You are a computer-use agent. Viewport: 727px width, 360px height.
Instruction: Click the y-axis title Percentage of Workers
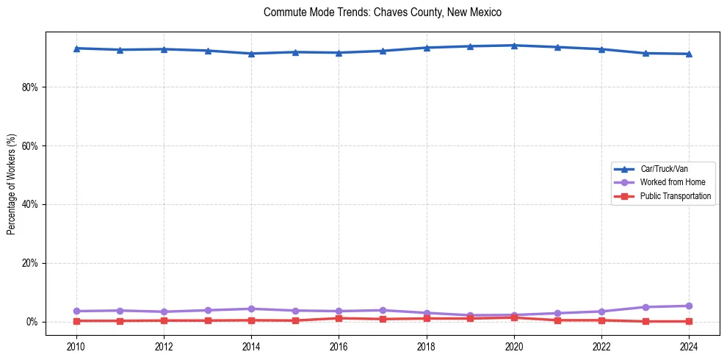coord(11,184)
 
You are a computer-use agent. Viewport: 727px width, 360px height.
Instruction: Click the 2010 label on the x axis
coord(76,346)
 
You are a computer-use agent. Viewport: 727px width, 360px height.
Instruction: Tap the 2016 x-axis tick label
coord(339,346)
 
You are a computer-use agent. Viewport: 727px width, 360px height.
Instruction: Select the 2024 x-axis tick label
coord(689,346)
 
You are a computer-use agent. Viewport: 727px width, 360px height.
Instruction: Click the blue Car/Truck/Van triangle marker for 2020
coord(514,46)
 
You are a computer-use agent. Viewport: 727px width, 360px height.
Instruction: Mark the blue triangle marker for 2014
coord(251,54)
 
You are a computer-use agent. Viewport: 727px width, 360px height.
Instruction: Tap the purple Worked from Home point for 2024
coord(689,306)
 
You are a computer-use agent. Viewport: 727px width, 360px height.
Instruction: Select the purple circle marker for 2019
coord(470,315)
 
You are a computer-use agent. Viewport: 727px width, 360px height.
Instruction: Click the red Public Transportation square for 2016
coord(339,318)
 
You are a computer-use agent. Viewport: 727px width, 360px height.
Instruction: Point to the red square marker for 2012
coord(164,320)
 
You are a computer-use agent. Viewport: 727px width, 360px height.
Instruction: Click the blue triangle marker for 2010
coord(76,48)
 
